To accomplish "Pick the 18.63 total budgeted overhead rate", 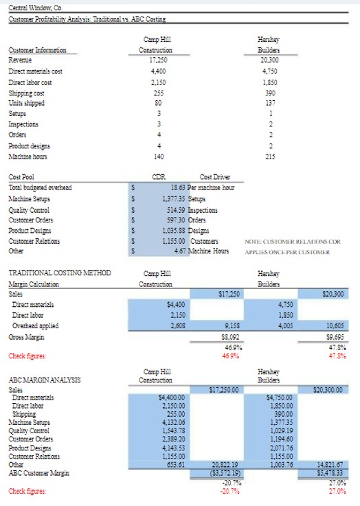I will pos(178,186).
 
